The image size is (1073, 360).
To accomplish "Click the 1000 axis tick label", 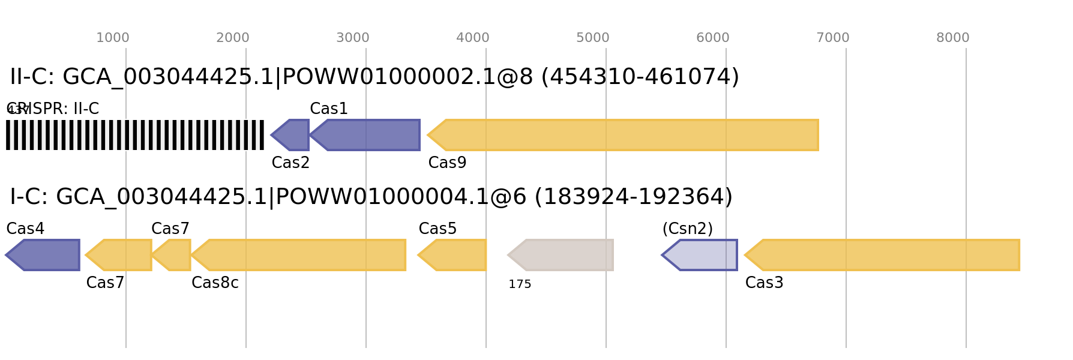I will coord(113,38).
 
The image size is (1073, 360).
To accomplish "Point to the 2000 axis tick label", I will coord(233,38).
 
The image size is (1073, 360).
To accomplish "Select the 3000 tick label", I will coord(353,38).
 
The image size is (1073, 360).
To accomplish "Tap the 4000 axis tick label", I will coord(473,38).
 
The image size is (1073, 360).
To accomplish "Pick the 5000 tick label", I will coord(593,38).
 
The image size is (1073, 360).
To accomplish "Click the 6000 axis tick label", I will coord(713,38).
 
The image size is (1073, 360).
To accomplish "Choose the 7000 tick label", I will coord(833,38).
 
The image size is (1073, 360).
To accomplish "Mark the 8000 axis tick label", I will coord(953,38).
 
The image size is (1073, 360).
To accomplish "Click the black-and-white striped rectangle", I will coord(135,135).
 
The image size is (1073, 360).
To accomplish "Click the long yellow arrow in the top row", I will coord(624,135).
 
